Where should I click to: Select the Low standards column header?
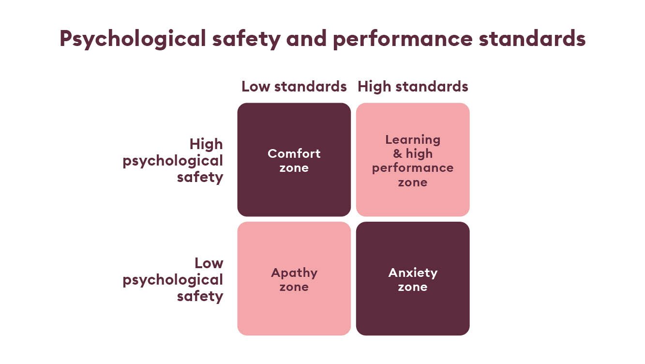[294, 87]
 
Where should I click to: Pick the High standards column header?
[413, 87]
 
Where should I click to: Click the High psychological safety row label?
[173, 160]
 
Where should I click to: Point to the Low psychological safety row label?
[173, 279]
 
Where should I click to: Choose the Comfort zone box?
[294, 160]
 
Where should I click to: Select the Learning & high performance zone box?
[413, 160]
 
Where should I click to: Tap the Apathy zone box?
[294, 279]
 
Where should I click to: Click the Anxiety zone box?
[413, 279]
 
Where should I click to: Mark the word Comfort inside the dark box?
[294, 153]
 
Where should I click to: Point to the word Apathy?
[294, 273]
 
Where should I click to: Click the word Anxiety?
[413, 273]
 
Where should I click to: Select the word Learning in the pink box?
[413, 140]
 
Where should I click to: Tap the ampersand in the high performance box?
[397, 154]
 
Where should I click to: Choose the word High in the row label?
[206, 144]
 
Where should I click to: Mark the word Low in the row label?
[209, 263]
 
